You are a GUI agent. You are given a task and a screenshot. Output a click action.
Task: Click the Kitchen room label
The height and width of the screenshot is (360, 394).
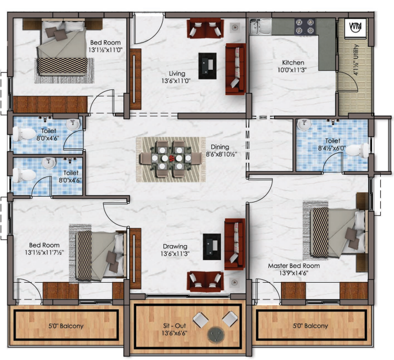coord(293,62)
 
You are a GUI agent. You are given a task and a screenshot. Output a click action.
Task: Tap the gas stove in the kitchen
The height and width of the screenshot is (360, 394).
coord(305,27)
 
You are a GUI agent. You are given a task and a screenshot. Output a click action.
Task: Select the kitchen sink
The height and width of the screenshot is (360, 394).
coord(260,27)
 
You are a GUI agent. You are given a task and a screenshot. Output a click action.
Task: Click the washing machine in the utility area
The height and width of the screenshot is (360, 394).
coord(355,27)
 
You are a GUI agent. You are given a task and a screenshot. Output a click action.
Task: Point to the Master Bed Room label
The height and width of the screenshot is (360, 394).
coord(294,266)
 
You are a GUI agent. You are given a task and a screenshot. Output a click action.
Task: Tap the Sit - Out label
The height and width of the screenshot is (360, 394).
coord(174,326)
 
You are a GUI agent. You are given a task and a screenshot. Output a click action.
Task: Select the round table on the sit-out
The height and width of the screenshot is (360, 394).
coord(216,335)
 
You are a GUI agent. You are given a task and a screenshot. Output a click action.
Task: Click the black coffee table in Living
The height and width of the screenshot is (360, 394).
coord(207,66)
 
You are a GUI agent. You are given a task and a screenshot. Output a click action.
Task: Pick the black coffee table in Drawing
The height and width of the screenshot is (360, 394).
coord(212,247)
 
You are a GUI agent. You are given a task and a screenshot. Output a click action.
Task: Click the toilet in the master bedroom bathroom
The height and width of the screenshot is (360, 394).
coord(357,151)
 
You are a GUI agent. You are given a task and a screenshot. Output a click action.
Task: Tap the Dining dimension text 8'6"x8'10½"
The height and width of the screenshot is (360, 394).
coord(222,154)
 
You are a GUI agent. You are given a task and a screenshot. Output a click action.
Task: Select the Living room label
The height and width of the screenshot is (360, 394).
coord(177,74)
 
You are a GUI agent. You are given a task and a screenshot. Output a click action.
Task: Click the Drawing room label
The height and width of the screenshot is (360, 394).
coord(175,246)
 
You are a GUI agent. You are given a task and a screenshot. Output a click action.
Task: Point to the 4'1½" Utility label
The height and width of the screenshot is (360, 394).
coord(355,60)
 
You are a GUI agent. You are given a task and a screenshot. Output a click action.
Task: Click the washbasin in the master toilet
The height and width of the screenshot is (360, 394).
coord(304,125)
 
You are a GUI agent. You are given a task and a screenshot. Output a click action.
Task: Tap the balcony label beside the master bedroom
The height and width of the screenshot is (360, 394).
coord(310,326)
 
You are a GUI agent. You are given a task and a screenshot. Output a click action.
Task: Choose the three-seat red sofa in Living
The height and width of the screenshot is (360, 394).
coord(235,69)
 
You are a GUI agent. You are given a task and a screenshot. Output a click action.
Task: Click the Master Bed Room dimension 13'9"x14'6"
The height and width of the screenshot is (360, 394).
coord(294,273)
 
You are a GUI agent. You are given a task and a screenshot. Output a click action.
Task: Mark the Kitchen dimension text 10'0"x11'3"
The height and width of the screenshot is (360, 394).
coord(292,70)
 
